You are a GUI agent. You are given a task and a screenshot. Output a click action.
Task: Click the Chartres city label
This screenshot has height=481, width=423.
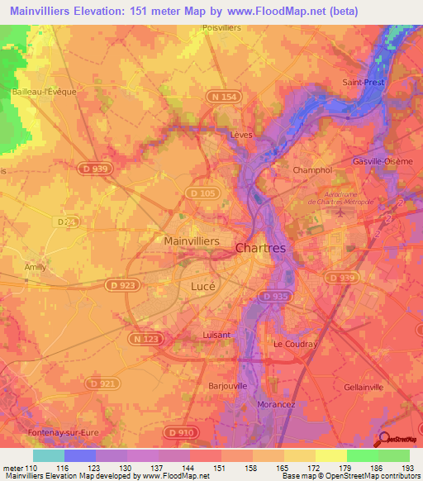tap(260, 248)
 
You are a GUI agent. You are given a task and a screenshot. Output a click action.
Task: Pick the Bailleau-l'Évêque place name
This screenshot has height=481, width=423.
tap(44, 92)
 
